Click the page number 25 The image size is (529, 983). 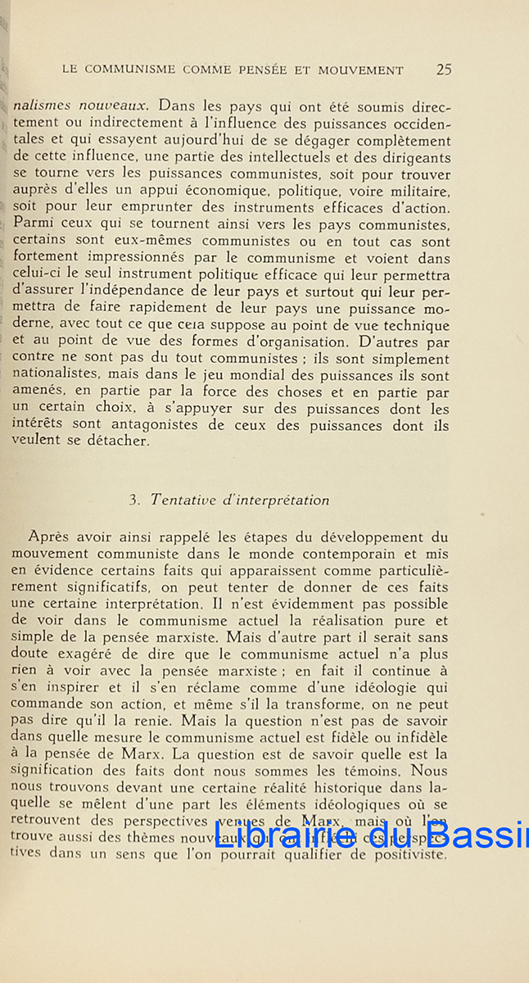444,70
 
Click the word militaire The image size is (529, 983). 409,190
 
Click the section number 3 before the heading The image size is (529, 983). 135,501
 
